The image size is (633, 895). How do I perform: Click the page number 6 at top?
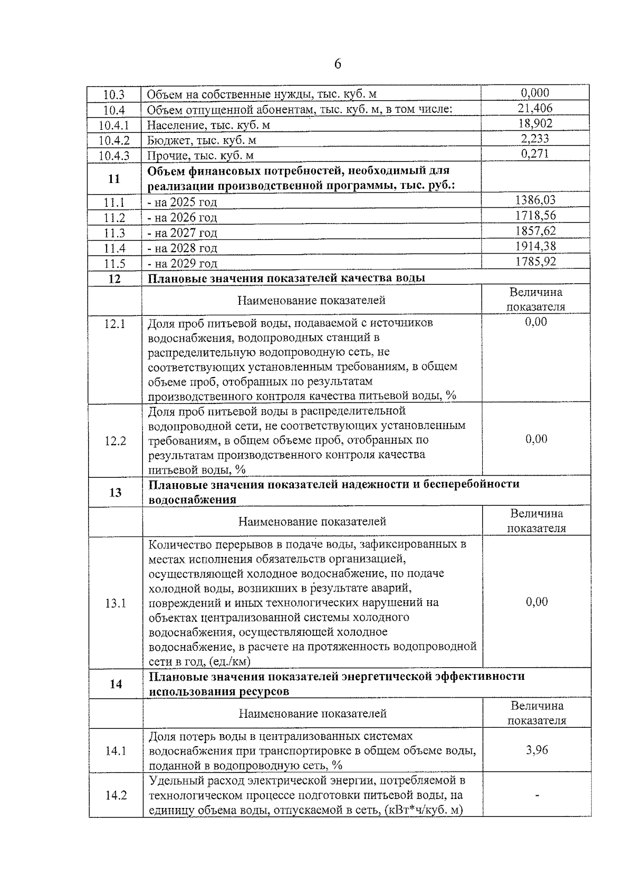point(338,64)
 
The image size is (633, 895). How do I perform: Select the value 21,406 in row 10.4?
point(535,109)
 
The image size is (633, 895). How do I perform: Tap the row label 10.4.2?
point(114,141)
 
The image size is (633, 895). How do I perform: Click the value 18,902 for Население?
point(535,124)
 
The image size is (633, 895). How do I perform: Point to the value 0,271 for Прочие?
point(535,154)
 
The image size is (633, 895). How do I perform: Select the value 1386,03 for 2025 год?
point(535,200)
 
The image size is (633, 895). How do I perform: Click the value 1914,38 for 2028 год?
point(535,246)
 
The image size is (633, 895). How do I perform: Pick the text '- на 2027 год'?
point(183,233)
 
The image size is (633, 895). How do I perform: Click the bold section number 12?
point(114,279)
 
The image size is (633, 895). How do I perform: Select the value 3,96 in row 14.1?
point(537,750)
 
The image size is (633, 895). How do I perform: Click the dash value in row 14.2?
point(537,795)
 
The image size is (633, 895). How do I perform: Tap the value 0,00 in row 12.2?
point(536,439)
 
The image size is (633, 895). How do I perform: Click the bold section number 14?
point(116,685)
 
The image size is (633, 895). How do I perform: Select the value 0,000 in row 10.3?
point(535,93)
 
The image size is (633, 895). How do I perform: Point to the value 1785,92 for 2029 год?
point(535,262)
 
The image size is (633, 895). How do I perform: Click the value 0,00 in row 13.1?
point(537,602)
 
